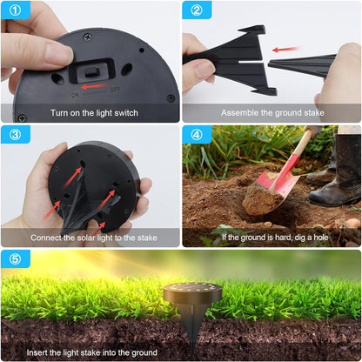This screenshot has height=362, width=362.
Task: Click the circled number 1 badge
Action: pyautogui.click(x=15, y=10)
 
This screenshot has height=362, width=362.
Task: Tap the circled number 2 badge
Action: pyautogui.click(x=197, y=10)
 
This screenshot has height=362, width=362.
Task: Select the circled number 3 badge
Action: pyautogui.click(x=15, y=135)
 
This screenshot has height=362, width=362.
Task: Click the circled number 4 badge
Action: pyautogui.click(x=197, y=135)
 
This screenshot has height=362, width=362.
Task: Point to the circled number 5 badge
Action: pyautogui.click(x=15, y=258)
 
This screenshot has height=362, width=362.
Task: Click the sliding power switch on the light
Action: pyautogui.click(x=92, y=72)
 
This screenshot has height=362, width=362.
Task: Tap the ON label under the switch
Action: pyautogui.click(x=75, y=95)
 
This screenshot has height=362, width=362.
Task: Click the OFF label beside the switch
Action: pyautogui.click(x=115, y=90)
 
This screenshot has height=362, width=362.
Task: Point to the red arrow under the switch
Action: pyautogui.click(x=94, y=86)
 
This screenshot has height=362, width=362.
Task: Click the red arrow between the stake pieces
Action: pyautogui.click(x=285, y=50)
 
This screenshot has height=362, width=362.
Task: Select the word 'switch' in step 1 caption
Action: pyautogui.click(x=126, y=113)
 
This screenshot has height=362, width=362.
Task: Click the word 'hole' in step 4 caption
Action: pyautogui.click(x=321, y=238)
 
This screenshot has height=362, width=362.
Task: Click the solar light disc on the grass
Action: pyautogui.click(x=192, y=292)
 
